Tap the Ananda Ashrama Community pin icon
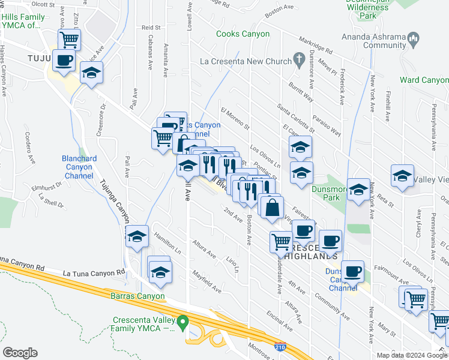coord(413,40)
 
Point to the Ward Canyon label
coord(424,80)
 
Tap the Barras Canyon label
coord(136,296)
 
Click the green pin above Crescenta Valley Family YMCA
coord(185,322)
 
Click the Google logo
coord(20,352)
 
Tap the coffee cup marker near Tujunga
coord(64,59)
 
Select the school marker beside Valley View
coord(402,175)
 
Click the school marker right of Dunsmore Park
coord(359,189)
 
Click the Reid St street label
coord(151,28)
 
